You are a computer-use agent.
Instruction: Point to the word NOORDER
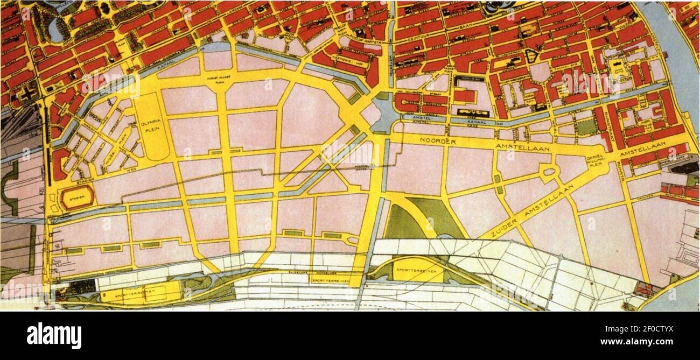[x=435, y=142]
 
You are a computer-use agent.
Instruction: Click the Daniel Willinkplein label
[x=597, y=160]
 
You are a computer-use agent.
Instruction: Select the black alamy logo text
[x=54, y=336]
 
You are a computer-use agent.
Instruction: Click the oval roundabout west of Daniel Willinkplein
[x=549, y=172]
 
